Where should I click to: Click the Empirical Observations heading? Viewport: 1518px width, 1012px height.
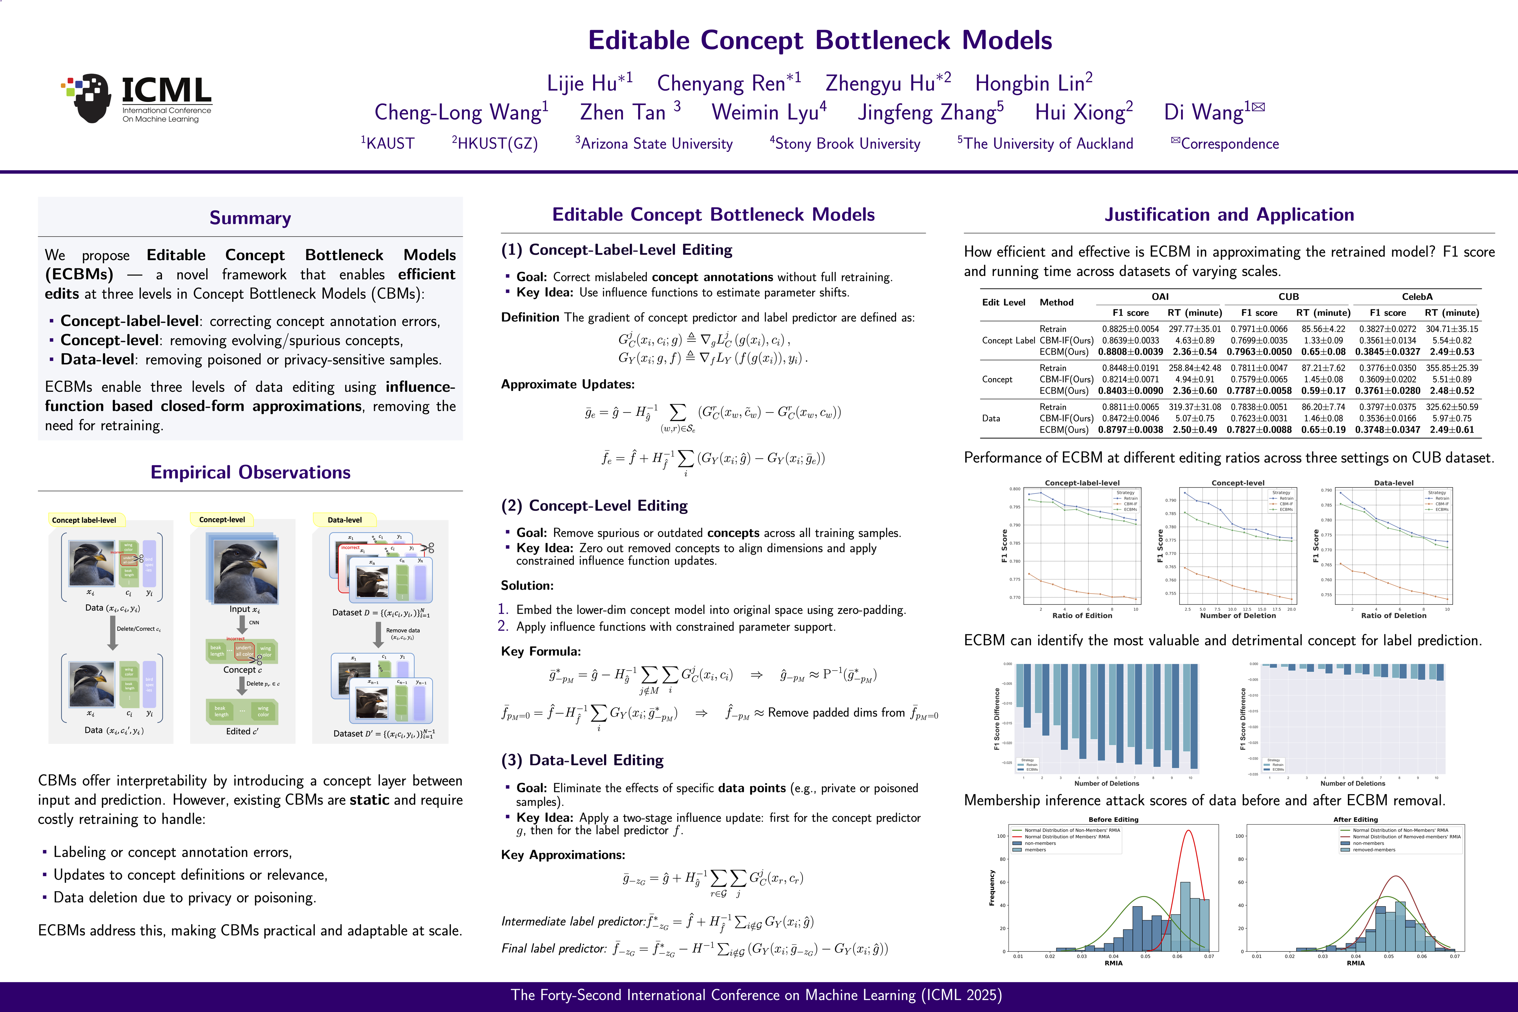coord(251,472)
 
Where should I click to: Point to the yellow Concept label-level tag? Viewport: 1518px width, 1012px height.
coord(84,520)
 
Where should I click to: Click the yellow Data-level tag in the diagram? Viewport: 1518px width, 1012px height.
coord(345,520)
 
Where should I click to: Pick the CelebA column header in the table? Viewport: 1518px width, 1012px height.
coord(1417,297)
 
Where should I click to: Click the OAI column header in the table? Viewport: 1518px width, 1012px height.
coord(1160,297)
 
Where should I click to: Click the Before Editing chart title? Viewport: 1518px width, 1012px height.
coord(1113,820)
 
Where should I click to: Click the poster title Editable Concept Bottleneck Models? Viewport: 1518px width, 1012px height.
coord(820,40)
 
